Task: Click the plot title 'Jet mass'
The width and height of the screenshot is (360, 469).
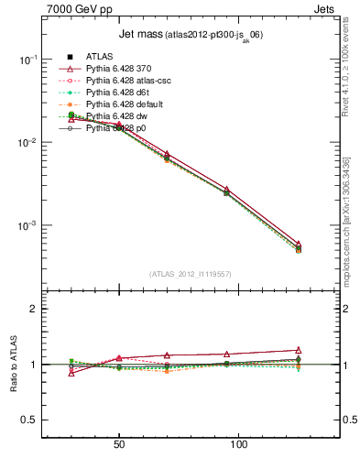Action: pos(139,36)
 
